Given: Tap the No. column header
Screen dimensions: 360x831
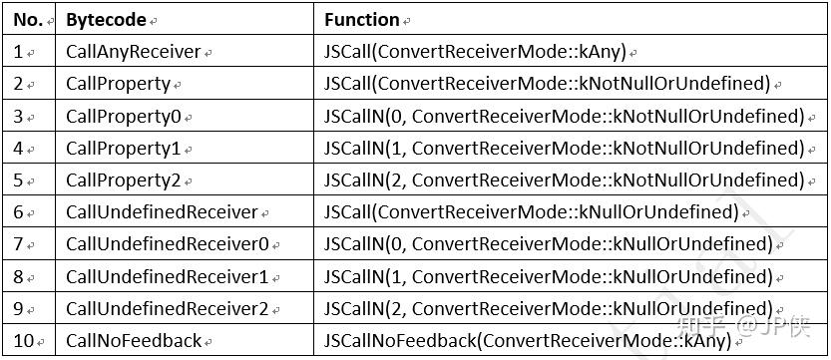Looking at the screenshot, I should tap(27, 19).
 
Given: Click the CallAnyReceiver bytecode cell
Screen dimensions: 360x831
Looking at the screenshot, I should tap(133, 52).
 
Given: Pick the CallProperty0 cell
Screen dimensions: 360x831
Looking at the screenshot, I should tap(124, 117).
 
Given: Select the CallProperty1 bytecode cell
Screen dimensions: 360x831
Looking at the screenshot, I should tap(124, 149).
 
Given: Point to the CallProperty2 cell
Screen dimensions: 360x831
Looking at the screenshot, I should tap(124, 180).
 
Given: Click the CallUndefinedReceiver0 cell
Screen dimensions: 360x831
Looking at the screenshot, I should tap(167, 244).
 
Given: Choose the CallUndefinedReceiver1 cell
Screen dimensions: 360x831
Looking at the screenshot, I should tap(167, 276).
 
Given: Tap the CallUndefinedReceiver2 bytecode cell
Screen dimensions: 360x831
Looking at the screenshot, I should tap(167, 308).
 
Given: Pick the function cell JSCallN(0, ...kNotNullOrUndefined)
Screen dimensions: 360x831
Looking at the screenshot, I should tap(564, 117).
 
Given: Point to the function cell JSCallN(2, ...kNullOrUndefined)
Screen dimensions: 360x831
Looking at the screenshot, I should tap(548, 308).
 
